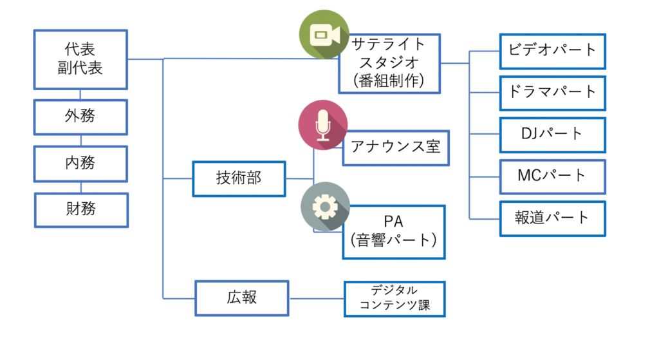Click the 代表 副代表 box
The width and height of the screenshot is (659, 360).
(80, 59)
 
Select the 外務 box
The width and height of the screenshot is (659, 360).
(80, 117)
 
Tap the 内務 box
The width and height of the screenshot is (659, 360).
(80, 163)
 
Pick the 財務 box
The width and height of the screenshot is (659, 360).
(80, 209)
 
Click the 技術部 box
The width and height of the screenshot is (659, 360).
(239, 178)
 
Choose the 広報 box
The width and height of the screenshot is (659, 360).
(242, 298)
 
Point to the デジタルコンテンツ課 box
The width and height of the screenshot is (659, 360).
(394, 299)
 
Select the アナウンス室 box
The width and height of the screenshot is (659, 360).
(395, 147)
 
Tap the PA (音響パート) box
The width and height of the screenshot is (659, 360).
(393, 231)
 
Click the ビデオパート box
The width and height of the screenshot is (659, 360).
(553, 51)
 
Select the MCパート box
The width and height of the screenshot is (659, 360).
(553, 176)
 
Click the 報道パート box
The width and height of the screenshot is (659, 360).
(553, 218)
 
